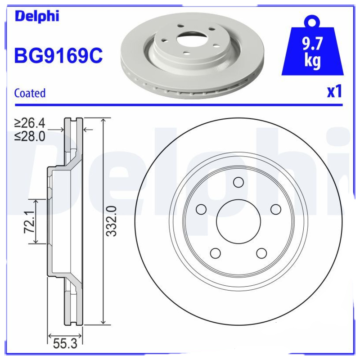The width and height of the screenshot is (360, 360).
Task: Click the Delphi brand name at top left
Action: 37,17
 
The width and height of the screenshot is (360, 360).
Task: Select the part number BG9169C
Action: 59,56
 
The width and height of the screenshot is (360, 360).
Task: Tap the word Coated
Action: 30,93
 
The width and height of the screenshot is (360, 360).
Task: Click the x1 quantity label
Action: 334,92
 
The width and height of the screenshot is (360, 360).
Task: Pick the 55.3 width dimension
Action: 64,344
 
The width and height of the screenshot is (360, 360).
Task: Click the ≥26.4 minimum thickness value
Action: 30,122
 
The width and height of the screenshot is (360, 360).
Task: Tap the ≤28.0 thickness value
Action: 30,136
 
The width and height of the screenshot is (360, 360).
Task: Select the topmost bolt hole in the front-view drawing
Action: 238,182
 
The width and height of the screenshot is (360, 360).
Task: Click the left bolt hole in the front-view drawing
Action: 201,209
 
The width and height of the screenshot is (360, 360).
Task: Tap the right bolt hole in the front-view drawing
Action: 275,209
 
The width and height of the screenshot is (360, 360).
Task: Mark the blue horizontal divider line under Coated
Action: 180,105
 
